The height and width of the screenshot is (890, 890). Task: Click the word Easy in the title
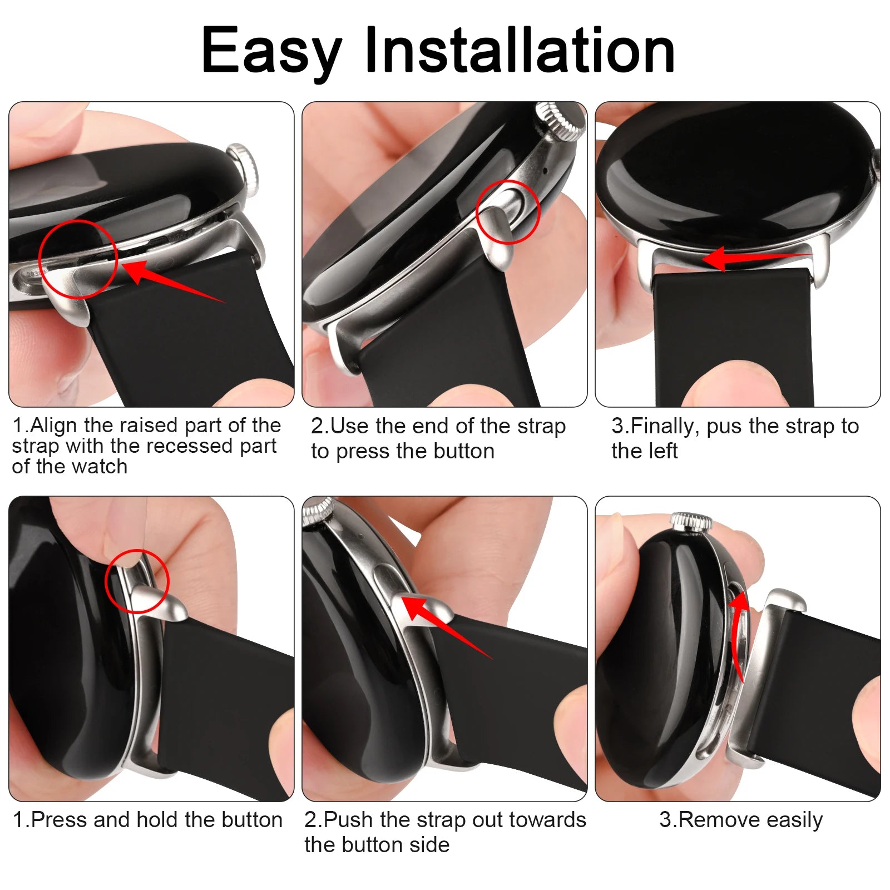(x=271, y=51)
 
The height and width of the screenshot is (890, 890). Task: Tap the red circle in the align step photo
(x=78, y=259)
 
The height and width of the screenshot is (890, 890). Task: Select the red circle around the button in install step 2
(x=508, y=212)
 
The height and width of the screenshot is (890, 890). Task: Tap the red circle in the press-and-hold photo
(x=137, y=581)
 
